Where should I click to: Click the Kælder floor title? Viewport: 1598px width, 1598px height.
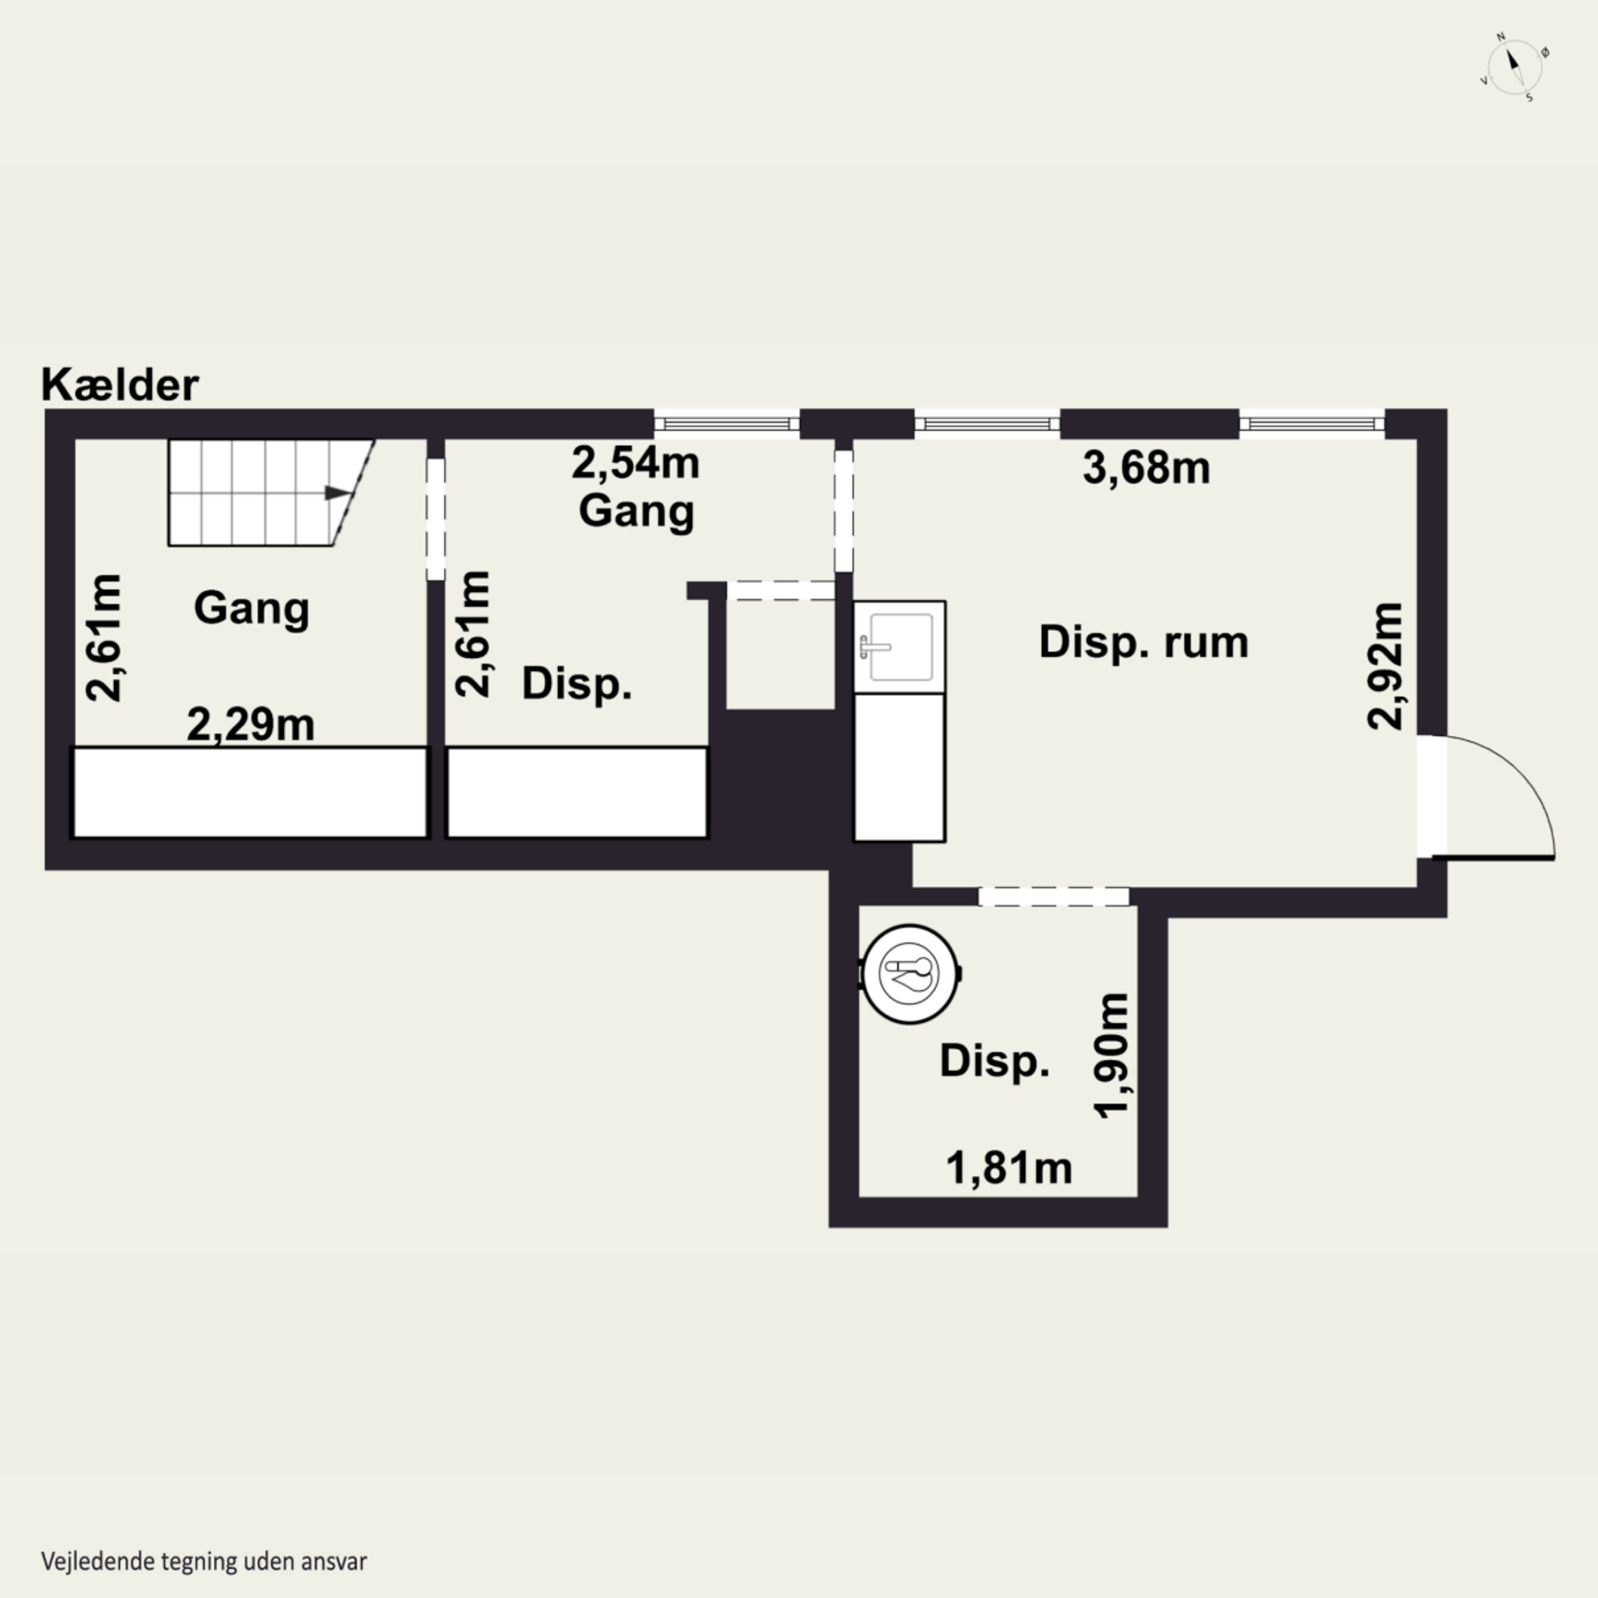(120, 386)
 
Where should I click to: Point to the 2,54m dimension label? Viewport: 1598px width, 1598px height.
(635, 463)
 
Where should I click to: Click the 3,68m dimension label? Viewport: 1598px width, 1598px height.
(1146, 468)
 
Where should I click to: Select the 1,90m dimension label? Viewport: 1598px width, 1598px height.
(1111, 1055)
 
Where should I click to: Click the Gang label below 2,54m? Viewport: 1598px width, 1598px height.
(636, 511)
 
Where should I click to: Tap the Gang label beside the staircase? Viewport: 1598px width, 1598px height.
(251, 609)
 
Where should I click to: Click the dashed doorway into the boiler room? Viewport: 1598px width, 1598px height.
(1054, 896)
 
